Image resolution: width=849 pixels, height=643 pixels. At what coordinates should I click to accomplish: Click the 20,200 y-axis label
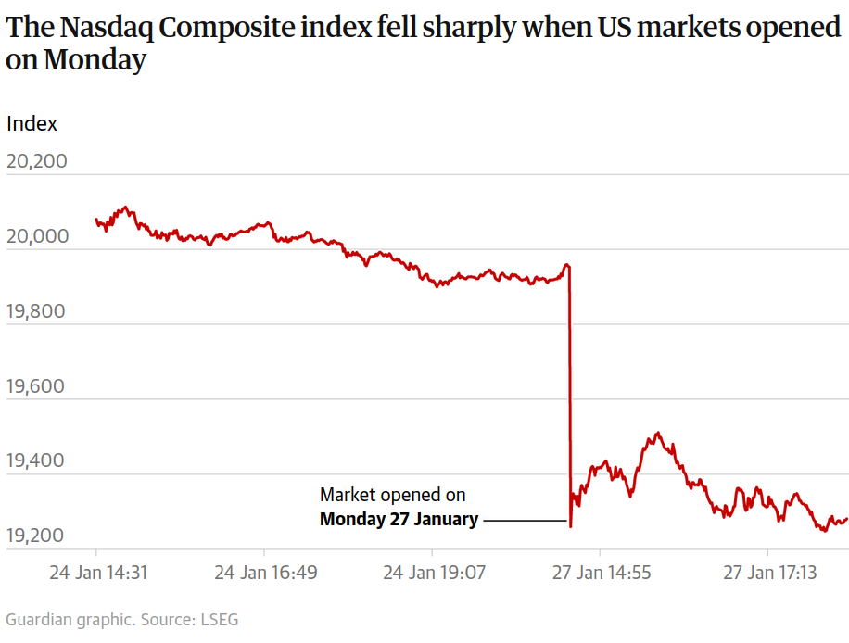37,161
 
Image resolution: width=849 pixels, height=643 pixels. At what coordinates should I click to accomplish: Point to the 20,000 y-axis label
37,236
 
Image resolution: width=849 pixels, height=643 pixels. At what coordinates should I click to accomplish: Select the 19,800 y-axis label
37,310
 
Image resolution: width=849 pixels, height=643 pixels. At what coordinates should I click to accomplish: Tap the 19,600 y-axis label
37,385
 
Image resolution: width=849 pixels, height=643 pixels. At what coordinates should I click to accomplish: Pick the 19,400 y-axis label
37,460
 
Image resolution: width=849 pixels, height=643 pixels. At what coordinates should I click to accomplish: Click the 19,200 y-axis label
37,536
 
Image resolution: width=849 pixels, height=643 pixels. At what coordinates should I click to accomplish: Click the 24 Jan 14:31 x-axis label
98,573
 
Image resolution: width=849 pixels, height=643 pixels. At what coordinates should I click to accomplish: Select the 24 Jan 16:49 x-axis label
266,573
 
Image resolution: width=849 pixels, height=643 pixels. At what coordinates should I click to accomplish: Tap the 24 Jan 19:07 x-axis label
434,573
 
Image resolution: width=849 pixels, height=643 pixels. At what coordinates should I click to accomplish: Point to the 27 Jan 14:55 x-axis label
602,573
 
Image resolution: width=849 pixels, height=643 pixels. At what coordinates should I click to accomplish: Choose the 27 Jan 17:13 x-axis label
769,573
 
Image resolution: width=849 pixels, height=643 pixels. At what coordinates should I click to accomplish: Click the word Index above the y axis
32,123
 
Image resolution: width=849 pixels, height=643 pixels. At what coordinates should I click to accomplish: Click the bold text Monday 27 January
399,520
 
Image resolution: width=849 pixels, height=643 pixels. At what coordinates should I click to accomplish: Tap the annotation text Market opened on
393,495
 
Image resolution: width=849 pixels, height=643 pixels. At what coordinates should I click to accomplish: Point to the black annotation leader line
525,521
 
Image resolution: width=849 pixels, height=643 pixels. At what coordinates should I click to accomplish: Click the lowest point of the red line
570,527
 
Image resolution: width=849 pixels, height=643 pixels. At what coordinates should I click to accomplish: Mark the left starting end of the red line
96,220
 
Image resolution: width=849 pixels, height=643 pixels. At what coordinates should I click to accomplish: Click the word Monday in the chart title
95,61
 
